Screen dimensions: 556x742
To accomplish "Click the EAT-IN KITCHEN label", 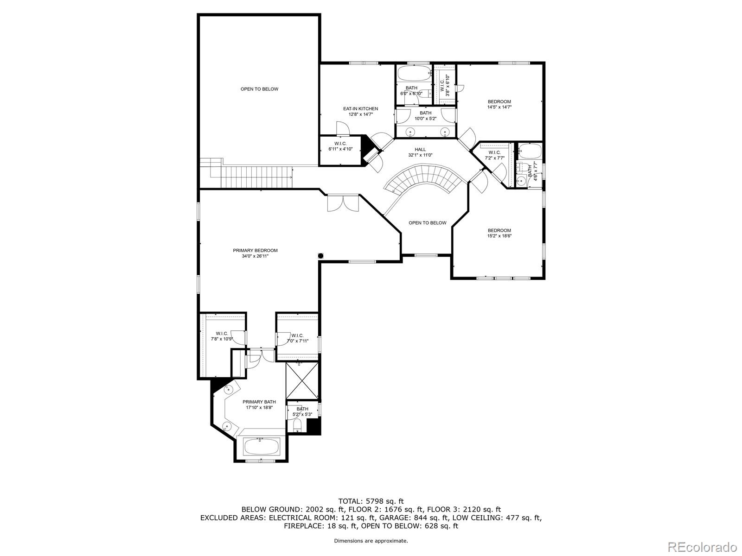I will click(360, 109).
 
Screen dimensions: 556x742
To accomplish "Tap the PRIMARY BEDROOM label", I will click(255, 251).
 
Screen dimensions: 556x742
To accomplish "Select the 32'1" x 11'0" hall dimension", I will click(420, 155).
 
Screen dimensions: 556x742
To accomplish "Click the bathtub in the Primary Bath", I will click(261, 447).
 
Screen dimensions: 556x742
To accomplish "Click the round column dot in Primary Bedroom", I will click(320, 255).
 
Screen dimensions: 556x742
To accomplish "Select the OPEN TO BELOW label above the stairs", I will click(259, 89).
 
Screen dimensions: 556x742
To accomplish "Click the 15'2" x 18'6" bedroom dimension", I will click(499, 236).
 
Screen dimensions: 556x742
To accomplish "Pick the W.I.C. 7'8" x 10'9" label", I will click(222, 336).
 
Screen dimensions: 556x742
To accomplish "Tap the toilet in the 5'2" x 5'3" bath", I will click(297, 425).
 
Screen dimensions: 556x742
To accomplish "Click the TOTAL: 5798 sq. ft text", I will click(371, 501).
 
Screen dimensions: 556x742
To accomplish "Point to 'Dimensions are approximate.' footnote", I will click(371, 541).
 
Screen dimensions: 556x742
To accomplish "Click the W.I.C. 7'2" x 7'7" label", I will click(494, 155).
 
